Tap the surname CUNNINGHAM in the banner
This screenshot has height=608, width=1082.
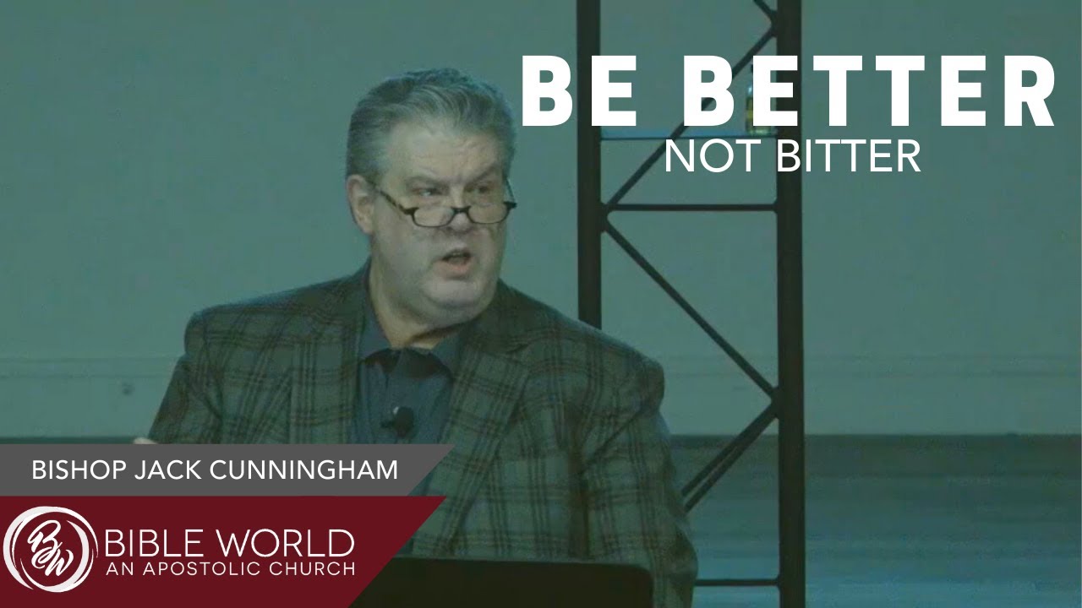click(303, 470)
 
